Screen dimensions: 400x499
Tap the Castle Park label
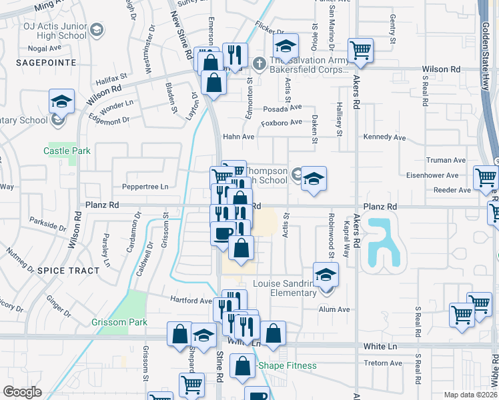pyautogui.click(x=67, y=151)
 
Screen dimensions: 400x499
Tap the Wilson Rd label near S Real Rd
pyautogui.click(x=441, y=69)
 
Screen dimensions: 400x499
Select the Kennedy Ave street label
pyautogui.click(x=384, y=138)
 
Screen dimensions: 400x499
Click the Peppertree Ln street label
pyautogui.click(x=145, y=187)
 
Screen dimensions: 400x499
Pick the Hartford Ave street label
pyautogui.click(x=191, y=300)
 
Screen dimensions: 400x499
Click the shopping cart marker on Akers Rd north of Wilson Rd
pyautogui.click(x=360, y=49)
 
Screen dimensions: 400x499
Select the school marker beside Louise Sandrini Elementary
pyautogui.click(x=326, y=274)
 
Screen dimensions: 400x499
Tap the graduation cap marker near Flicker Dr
pyautogui.click(x=285, y=47)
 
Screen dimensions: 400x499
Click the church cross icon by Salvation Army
pyautogui.click(x=260, y=65)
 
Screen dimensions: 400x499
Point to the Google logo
pyautogui.click(x=22, y=392)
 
